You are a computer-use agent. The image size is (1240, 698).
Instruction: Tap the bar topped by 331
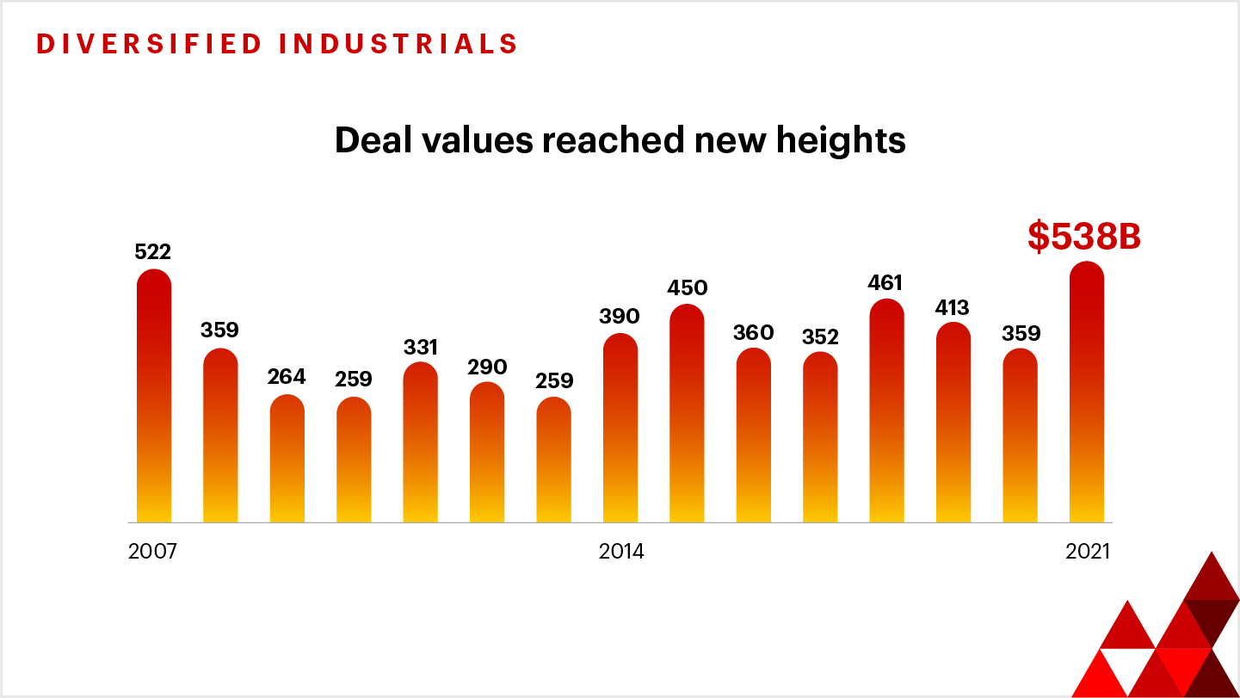click(x=421, y=442)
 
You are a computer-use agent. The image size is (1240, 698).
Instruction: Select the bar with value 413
click(x=953, y=423)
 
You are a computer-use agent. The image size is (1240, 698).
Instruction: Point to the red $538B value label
click(x=1084, y=238)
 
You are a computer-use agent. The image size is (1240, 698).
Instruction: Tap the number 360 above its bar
click(x=754, y=333)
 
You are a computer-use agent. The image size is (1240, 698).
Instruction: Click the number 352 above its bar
click(x=820, y=337)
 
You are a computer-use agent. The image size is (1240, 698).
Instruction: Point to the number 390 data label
click(x=620, y=317)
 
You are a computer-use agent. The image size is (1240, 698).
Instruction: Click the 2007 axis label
click(x=152, y=552)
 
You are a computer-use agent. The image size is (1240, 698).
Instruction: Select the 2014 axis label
click(x=621, y=552)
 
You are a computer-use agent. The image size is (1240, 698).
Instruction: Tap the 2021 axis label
click(x=1088, y=552)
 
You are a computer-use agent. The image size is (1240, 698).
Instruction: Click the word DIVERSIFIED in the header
click(x=150, y=44)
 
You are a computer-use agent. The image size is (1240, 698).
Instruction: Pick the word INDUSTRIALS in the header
click(x=398, y=44)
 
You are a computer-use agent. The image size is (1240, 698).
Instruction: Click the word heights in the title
click(x=835, y=140)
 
